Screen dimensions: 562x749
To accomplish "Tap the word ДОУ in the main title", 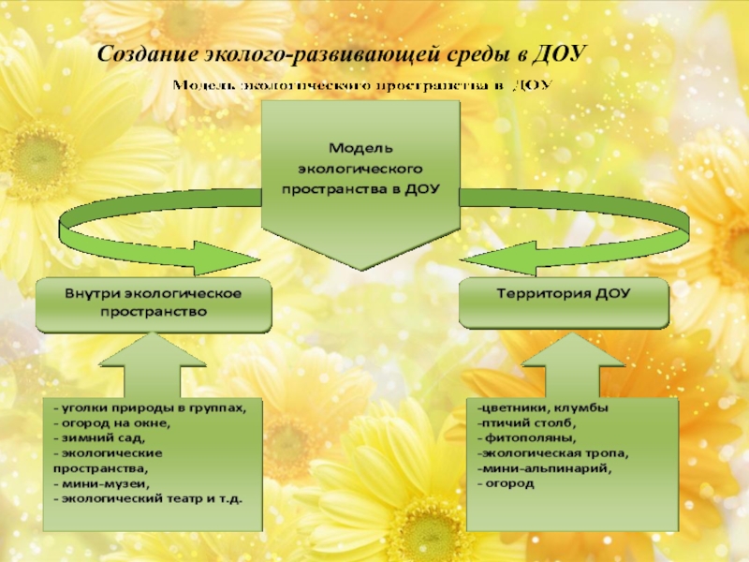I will (x=557, y=54).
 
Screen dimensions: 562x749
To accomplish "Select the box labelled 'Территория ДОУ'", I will (x=563, y=294).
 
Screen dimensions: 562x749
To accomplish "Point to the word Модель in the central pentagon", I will (x=360, y=149).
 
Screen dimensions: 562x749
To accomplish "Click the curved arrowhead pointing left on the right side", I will (x=516, y=255).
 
